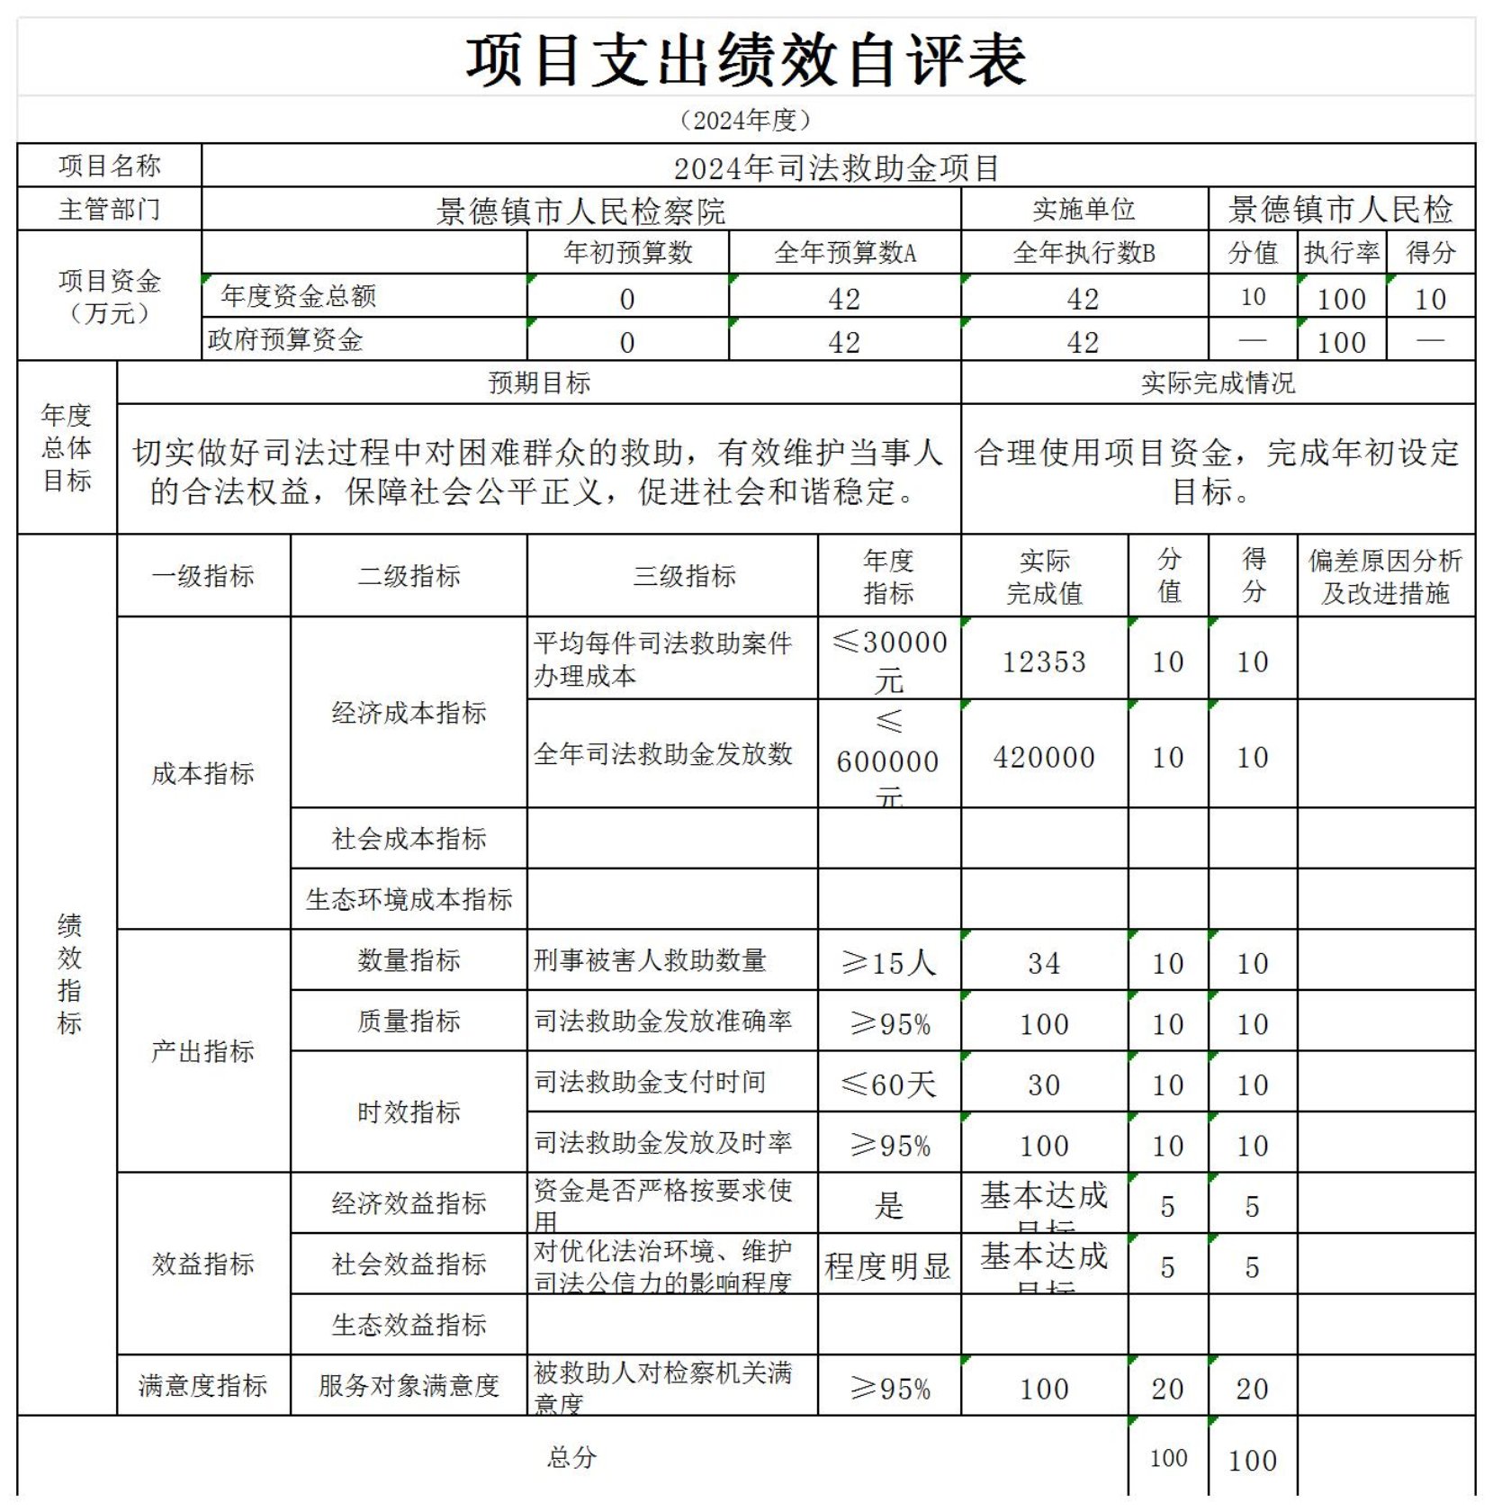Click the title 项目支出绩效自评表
click(745, 60)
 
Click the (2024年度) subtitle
click(745, 120)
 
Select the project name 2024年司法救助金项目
click(837, 168)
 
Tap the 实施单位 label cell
click(1084, 210)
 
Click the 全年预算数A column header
click(844, 253)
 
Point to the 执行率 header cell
click(1341, 253)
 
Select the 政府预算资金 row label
click(286, 339)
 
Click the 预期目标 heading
click(538, 382)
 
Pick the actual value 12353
click(1044, 661)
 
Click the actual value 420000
click(1044, 757)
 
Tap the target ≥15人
click(888, 962)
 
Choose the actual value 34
click(1044, 962)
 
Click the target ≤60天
click(888, 1084)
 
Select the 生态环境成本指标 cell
click(409, 898)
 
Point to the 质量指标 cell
click(409, 1021)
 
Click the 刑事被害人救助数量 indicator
click(650, 960)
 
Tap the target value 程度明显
click(888, 1265)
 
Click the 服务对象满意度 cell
click(409, 1385)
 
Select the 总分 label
click(571, 1457)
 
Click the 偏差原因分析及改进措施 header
click(1385, 576)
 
